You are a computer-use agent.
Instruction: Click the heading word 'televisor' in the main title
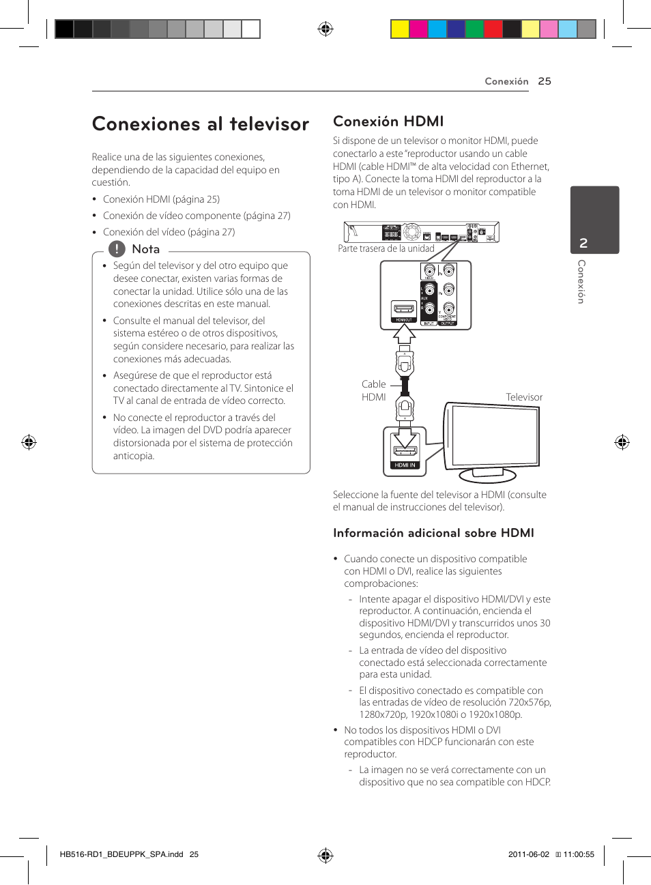(269, 124)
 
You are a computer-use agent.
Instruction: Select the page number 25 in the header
(544, 81)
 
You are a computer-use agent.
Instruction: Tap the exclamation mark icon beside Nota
(117, 249)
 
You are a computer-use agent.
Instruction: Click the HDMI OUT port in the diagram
(403, 310)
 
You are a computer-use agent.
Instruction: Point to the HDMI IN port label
(405, 465)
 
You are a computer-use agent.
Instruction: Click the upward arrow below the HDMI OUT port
(404, 334)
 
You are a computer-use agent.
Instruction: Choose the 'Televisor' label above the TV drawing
(524, 397)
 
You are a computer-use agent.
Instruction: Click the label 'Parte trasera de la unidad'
(386, 248)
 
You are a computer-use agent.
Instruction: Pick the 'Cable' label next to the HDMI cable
(374, 384)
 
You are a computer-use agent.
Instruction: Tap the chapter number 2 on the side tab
(583, 243)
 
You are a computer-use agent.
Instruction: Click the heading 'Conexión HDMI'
(388, 121)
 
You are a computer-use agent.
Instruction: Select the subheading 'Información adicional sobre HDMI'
(433, 533)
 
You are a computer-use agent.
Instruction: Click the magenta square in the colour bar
(418, 29)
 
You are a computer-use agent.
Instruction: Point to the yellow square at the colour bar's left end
(400, 29)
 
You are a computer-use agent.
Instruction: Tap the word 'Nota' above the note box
(146, 249)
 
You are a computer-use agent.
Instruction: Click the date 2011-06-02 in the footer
(528, 854)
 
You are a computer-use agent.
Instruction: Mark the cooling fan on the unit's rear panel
(411, 232)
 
